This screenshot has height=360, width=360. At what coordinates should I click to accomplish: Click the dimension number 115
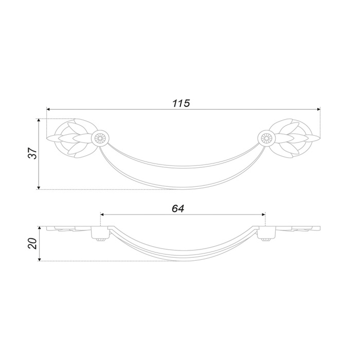point(181,103)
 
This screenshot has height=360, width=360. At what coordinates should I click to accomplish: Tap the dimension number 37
point(32,153)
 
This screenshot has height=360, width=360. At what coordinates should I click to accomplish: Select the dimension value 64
point(178,208)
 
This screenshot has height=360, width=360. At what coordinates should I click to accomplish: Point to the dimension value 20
point(32,243)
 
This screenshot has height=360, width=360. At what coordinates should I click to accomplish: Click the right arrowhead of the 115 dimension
point(319,109)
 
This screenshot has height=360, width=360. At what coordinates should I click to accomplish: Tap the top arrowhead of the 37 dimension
point(39,120)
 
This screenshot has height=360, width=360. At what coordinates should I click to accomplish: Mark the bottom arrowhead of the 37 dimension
point(39,188)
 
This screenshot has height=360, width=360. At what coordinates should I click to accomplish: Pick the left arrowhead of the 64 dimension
point(102,214)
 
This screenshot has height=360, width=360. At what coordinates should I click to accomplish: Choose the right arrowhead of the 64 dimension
point(263,214)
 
